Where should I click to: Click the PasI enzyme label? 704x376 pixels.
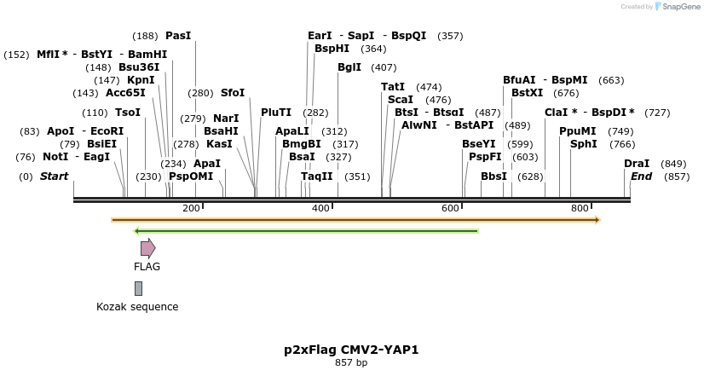178,36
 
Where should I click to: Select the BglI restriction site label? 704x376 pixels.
349,67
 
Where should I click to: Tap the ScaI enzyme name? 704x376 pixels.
400,100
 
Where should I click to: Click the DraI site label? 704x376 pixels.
637,164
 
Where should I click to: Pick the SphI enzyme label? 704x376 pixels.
584,144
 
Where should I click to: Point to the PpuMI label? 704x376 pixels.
577,131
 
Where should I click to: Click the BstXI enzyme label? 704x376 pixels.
527,93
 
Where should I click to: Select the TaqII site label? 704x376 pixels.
317,176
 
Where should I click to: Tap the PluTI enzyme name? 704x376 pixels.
276,113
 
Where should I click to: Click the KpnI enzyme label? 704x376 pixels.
141,80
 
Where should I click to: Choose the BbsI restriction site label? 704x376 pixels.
493,176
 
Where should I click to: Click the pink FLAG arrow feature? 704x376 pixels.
147,248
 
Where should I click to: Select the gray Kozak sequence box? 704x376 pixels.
138,288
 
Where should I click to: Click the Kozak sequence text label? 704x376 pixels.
137,307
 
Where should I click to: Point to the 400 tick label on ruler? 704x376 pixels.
320,208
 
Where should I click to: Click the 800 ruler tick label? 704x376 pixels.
580,208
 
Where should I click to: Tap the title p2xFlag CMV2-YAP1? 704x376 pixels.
351,350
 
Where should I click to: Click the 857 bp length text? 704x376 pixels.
351,363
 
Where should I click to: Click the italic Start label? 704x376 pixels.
54,176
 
